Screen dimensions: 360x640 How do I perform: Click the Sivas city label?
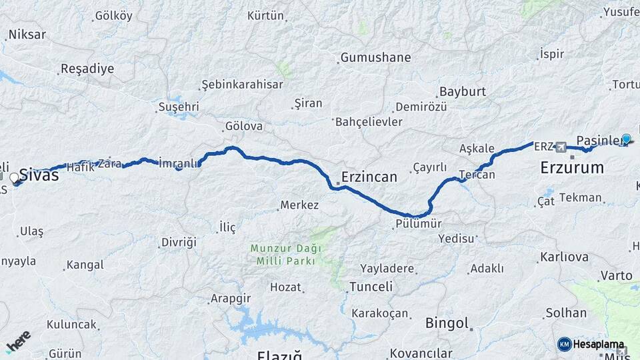39,175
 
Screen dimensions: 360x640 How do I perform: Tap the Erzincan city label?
369,177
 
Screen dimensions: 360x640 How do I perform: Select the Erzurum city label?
571,167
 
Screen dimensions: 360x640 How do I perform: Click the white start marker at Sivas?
15,179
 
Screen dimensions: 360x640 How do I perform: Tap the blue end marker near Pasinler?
626,139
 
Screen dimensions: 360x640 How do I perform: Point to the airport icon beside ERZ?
561,147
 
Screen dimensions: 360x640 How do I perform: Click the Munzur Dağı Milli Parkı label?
285,255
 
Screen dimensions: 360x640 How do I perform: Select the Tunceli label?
370,287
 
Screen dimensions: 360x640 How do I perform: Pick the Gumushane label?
375,58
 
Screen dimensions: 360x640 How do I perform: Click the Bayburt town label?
462,91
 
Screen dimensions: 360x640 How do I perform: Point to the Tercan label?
477,175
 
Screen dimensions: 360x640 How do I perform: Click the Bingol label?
447,323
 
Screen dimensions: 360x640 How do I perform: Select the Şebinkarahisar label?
243,85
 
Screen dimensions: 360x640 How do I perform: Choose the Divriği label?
179,243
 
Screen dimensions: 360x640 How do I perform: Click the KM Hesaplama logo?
592,345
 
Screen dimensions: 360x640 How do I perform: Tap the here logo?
18,341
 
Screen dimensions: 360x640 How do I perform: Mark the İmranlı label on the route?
179,163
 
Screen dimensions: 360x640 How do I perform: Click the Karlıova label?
564,257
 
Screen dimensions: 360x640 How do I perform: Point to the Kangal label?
85,265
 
